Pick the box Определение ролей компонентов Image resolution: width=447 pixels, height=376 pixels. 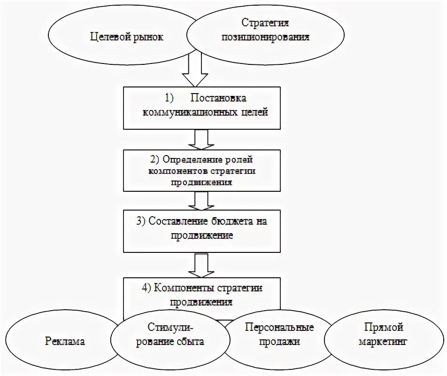202,170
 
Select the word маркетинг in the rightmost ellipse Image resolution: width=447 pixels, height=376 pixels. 383,342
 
